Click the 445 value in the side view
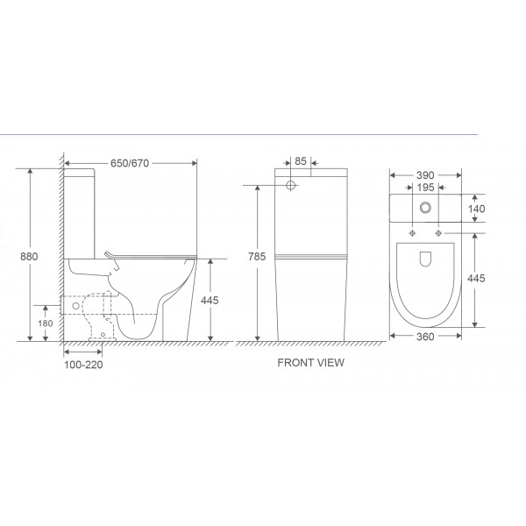click(x=209, y=300)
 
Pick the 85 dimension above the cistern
click(x=300, y=161)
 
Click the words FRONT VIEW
click(x=310, y=361)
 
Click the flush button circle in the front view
click(x=290, y=186)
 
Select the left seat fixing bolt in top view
click(x=411, y=234)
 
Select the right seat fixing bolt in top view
click(x=437, y=234)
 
